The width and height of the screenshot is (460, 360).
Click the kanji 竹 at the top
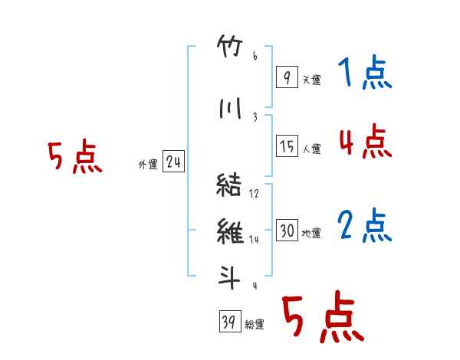[x=230, y=46]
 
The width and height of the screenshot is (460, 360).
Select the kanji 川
[x=230, y=108]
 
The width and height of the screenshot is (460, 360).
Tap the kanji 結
[x=228, y=185]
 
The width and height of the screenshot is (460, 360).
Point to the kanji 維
[x=230, y=231]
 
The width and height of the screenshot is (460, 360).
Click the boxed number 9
[x=287, y=77]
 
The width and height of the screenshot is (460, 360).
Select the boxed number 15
[x=287, y=146]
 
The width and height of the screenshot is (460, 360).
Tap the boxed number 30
[x=287, y=230]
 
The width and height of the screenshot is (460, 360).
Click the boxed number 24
[x=173, y=161]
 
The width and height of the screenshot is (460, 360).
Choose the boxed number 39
[x=230, y=321]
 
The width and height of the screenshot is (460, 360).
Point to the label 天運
[x=311, y=80]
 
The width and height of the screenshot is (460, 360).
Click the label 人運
[x=311, y=149]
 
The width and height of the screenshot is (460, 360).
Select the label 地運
[x=311, y=233]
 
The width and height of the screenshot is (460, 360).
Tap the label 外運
[x=148, y=165]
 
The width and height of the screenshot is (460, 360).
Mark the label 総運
[x=255, y=325]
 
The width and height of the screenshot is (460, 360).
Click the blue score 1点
[x=365, y=72]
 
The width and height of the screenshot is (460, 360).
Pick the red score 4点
[x=365, y=140]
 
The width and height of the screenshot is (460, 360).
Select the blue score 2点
[x=365, y=225]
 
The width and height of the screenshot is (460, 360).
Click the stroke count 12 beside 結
[x=254, y=194]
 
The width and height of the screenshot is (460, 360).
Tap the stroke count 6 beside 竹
[x=255, y=56]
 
